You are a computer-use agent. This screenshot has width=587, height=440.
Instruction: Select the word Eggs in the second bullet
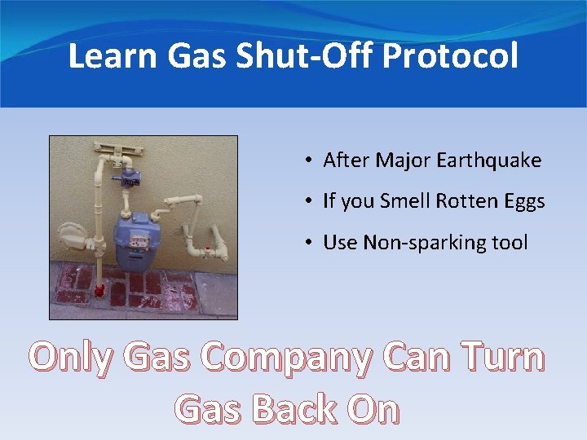tap(524, 201)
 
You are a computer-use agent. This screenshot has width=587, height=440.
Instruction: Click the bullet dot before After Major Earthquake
tap(311, 161)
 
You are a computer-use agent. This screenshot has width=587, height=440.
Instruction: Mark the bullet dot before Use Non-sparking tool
tap(311, 243)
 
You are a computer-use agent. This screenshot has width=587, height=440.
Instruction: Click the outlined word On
tap(373, 407)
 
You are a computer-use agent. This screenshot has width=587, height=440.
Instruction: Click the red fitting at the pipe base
tap(99, 289)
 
